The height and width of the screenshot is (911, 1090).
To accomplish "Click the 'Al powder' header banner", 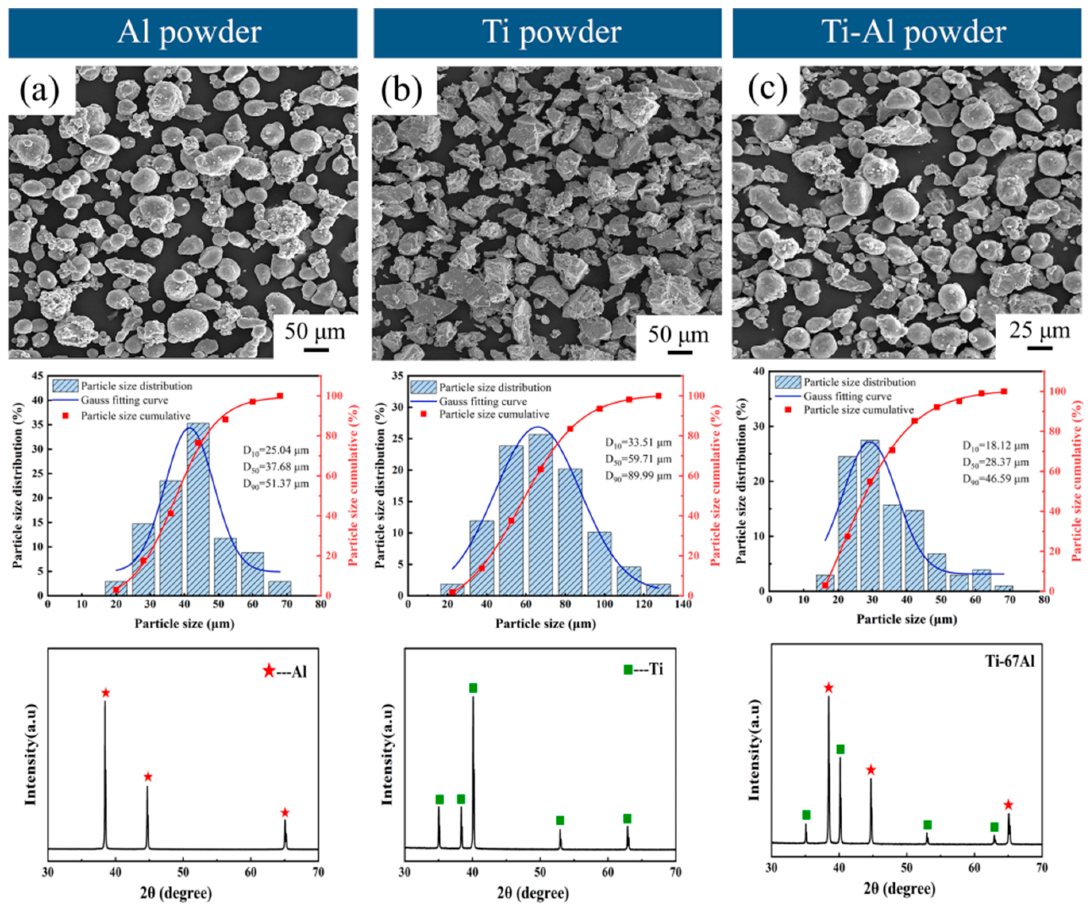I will coord(183,32).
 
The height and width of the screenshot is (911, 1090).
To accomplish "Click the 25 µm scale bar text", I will coord(1039,330).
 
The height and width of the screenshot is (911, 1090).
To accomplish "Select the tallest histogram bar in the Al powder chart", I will coord(198,509).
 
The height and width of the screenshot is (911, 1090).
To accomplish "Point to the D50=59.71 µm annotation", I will coord(638,459).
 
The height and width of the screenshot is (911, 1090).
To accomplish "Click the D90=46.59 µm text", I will coord(996,479).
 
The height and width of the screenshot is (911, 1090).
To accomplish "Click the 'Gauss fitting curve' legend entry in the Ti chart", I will coord(483,401).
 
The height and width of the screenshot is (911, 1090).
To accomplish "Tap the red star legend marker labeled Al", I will coord(269,671).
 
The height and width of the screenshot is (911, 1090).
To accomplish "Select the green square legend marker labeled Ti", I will coord(628,669).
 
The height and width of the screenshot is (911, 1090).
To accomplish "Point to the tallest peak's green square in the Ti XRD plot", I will coord(473,688).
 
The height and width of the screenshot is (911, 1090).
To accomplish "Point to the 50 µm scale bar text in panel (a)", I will coord(314,331).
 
